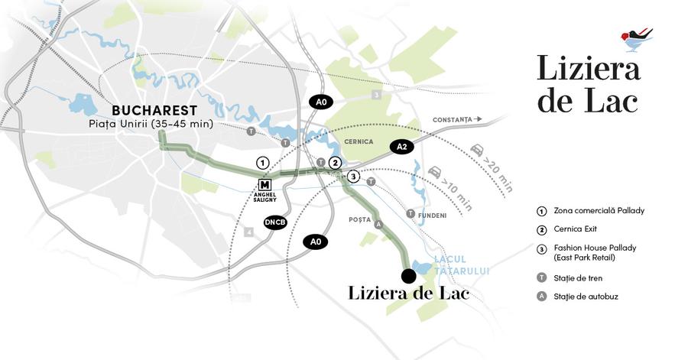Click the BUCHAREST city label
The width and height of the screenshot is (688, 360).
coord(154,111)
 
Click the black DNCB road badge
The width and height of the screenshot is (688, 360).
coord(275,222)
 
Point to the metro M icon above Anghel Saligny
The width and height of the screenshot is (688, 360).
coord(265,184)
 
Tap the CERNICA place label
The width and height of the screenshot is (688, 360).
coord(359,142)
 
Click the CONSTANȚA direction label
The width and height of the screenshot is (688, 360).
coord(453,120)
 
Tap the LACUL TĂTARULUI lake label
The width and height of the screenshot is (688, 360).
coord(461,264)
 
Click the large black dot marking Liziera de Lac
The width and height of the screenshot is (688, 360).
coord(408,276)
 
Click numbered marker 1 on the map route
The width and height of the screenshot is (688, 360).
coord(262,163)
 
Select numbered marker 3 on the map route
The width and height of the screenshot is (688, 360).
coord(352,177)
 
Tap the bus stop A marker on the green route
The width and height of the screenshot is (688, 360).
coord(378,224)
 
